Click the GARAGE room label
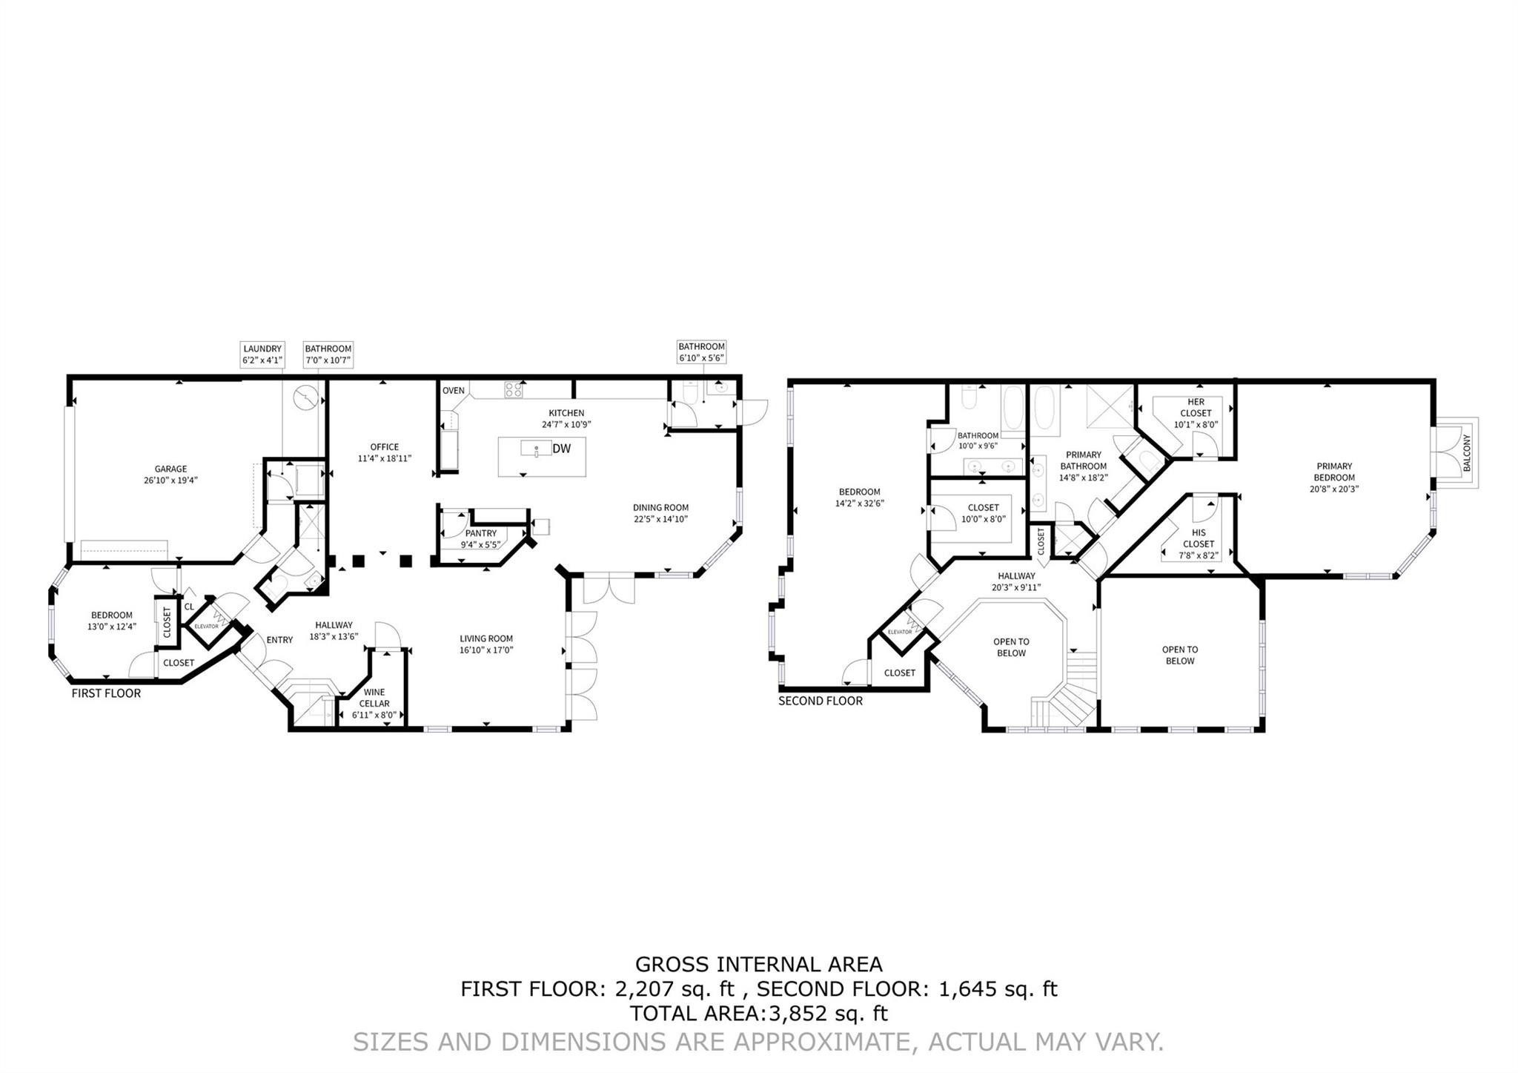point(170,469)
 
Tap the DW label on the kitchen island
point(561,449)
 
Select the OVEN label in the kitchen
point(453,391)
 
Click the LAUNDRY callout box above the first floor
point(262,354)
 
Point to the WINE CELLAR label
point(374,698)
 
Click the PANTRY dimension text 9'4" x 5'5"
point(480,544)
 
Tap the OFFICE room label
point(384,447)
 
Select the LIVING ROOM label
point(485,638)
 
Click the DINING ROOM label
point(660,508)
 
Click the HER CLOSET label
point(1196,408)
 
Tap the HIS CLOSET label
point(1199,538)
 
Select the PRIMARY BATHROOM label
point(1083,460)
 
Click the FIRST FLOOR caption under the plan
point(106,693)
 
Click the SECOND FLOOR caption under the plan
point(820,701)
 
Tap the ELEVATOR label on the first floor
point(206,626)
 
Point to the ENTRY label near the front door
point(279,640)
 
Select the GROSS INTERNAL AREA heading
point(758,965)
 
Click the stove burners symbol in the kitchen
point(513,389)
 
